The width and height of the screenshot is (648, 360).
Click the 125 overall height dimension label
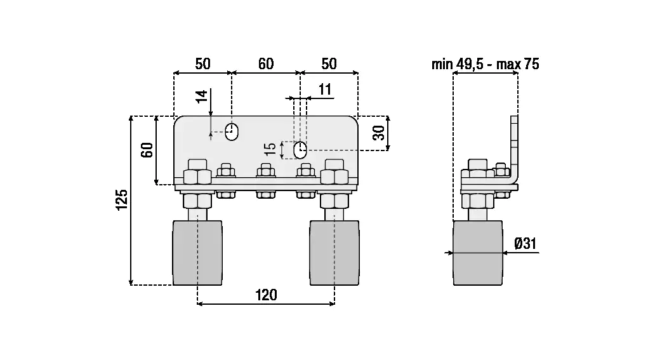pos(122,199)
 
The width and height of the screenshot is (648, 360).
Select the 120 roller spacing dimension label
pos(266,295)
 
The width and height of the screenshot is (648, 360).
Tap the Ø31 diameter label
pos(526,243)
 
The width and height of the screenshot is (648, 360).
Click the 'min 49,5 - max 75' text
pos(486,64)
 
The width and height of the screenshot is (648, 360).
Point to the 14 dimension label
pos(202,97)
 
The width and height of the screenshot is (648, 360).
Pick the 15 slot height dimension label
pos(271,149)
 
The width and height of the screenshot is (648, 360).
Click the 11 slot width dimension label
pos(325,90)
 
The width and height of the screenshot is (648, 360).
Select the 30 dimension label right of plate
pos(378,133)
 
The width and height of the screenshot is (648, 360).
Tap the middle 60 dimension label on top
pos(265,64)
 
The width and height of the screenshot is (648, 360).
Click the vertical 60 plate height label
pos(147,150)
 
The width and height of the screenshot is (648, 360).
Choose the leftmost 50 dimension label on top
pos(202,64)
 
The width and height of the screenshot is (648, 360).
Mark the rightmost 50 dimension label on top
pos(329,64)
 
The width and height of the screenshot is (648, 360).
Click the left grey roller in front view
pos(197,252)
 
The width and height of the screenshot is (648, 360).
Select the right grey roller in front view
pos(334,252)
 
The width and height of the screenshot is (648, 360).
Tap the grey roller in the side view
pos(478,252)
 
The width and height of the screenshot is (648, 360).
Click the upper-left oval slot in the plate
pos(232,131)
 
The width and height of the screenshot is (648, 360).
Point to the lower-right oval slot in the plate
pos(301,150)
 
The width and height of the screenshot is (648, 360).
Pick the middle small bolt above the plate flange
pos(265,171)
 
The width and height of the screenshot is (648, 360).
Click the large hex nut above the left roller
pos(197,176)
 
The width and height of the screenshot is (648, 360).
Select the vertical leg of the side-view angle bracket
pos(515,146)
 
